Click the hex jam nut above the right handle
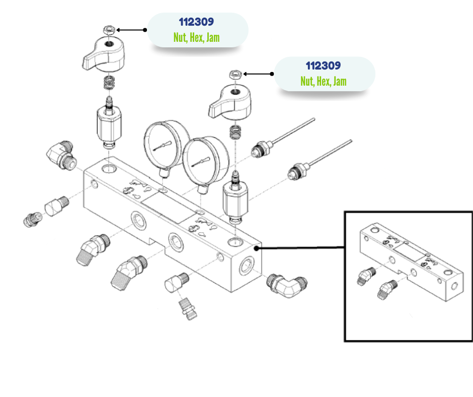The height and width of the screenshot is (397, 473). (234, 74)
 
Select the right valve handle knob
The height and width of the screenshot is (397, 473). (229, 101)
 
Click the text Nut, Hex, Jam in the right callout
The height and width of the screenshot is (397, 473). (323, 81)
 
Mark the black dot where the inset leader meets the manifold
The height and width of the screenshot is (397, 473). (258, 248)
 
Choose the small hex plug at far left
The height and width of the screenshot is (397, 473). (31, 220)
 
